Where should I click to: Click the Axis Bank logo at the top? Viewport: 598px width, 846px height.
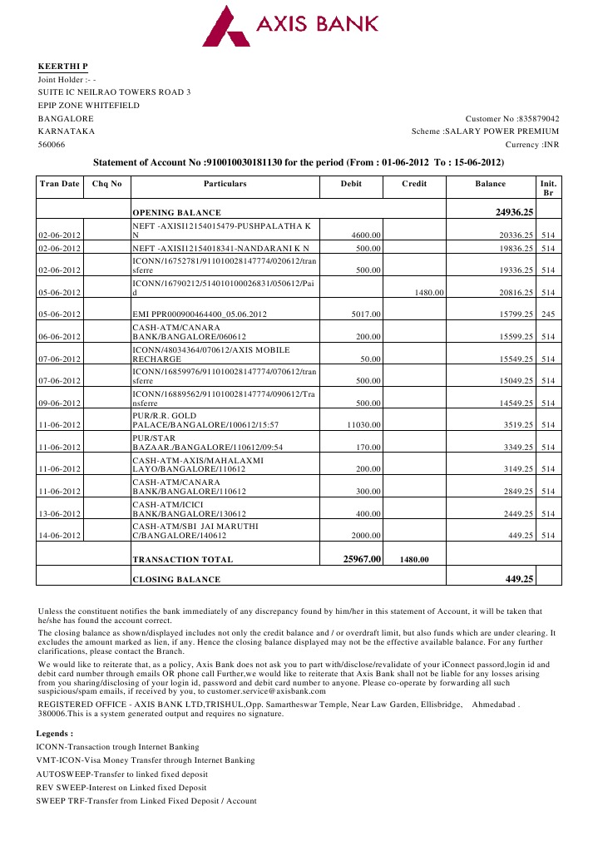291,26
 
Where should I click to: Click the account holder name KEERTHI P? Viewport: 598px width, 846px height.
62,66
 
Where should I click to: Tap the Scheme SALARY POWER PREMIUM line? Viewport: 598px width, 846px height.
485,131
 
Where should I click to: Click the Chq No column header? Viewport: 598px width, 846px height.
107,183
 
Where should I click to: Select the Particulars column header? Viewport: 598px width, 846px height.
225,183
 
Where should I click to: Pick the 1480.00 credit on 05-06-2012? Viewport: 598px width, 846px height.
429,293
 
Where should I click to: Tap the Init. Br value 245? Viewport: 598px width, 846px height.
547,314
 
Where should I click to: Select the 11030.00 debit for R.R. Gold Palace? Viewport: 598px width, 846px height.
363,425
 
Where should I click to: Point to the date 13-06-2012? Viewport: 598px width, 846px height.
59,514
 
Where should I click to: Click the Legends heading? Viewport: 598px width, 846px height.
55,734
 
